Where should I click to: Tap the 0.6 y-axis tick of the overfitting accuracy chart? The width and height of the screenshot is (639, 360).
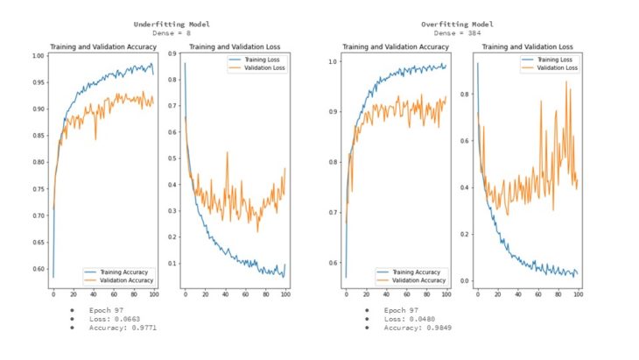(334, 262)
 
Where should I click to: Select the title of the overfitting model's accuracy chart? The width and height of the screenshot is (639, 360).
(396, 46)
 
